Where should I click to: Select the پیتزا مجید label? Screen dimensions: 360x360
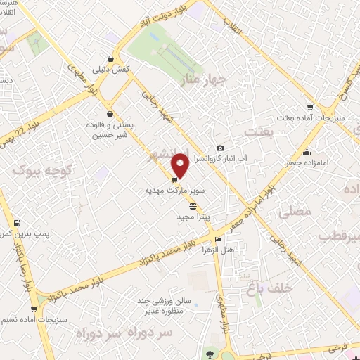[193, 219]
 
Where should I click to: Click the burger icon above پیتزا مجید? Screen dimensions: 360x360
[193, 207]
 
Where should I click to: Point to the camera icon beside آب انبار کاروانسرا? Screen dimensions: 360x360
[220, 148]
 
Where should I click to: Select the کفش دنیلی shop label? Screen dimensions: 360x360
[110, 71]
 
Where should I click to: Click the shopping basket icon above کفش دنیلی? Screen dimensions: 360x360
[110, 58]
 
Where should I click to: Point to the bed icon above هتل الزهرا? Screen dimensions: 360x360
[216, 237]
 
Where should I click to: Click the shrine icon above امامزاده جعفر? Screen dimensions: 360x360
[306, 153]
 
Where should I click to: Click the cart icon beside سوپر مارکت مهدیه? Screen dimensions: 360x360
[174, 180]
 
